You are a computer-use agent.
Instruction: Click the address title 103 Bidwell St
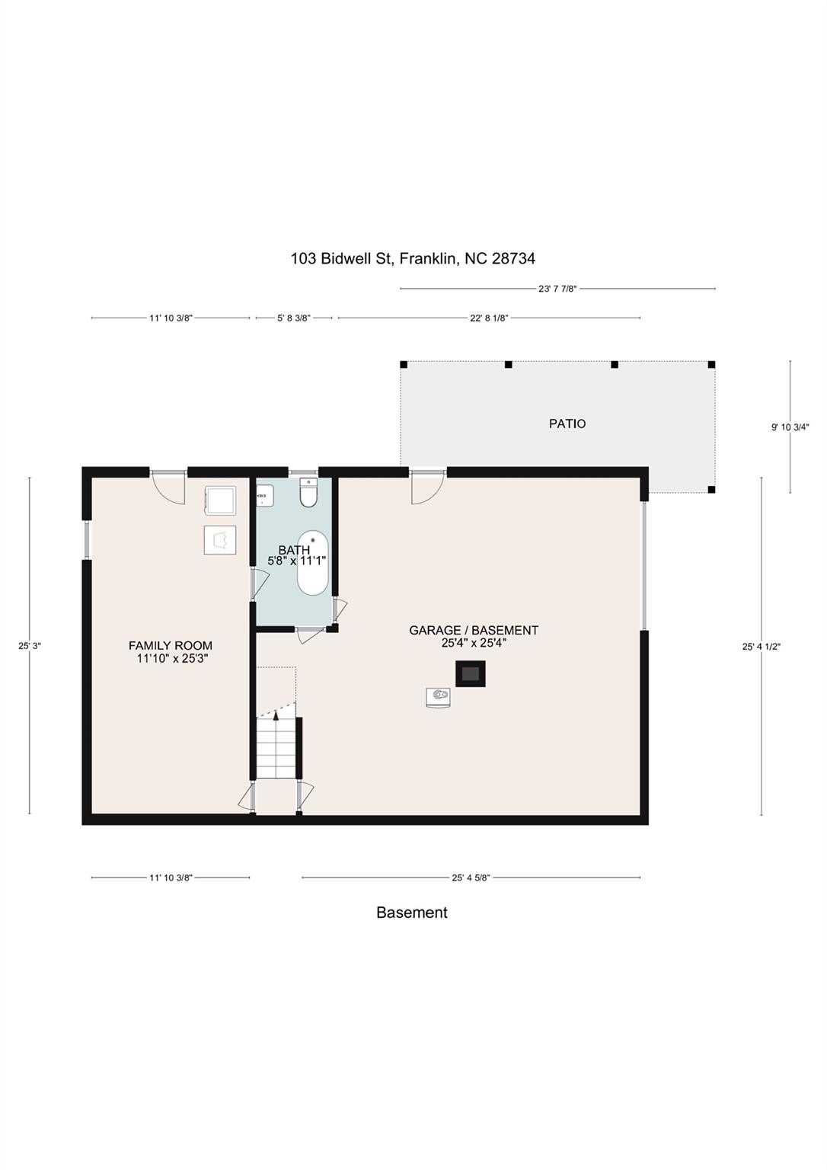[413, 259]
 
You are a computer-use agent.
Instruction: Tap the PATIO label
[567, 424]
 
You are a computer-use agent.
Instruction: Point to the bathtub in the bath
[312, 564]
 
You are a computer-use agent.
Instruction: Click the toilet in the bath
[308, 493]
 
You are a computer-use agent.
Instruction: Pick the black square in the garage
[471, 673]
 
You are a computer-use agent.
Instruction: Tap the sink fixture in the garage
[438, 696]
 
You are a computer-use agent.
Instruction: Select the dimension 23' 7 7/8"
[557, 289]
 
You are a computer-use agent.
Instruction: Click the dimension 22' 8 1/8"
[489, 318]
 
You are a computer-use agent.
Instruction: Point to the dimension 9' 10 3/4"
[790, 427]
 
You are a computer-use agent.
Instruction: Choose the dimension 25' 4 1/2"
[762, 647]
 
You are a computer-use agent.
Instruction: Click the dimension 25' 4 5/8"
[471, 877]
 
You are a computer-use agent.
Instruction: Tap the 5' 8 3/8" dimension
[293, 318]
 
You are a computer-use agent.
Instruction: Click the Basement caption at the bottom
[412, 913]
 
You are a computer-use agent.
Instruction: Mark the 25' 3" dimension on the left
[30, 646]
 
